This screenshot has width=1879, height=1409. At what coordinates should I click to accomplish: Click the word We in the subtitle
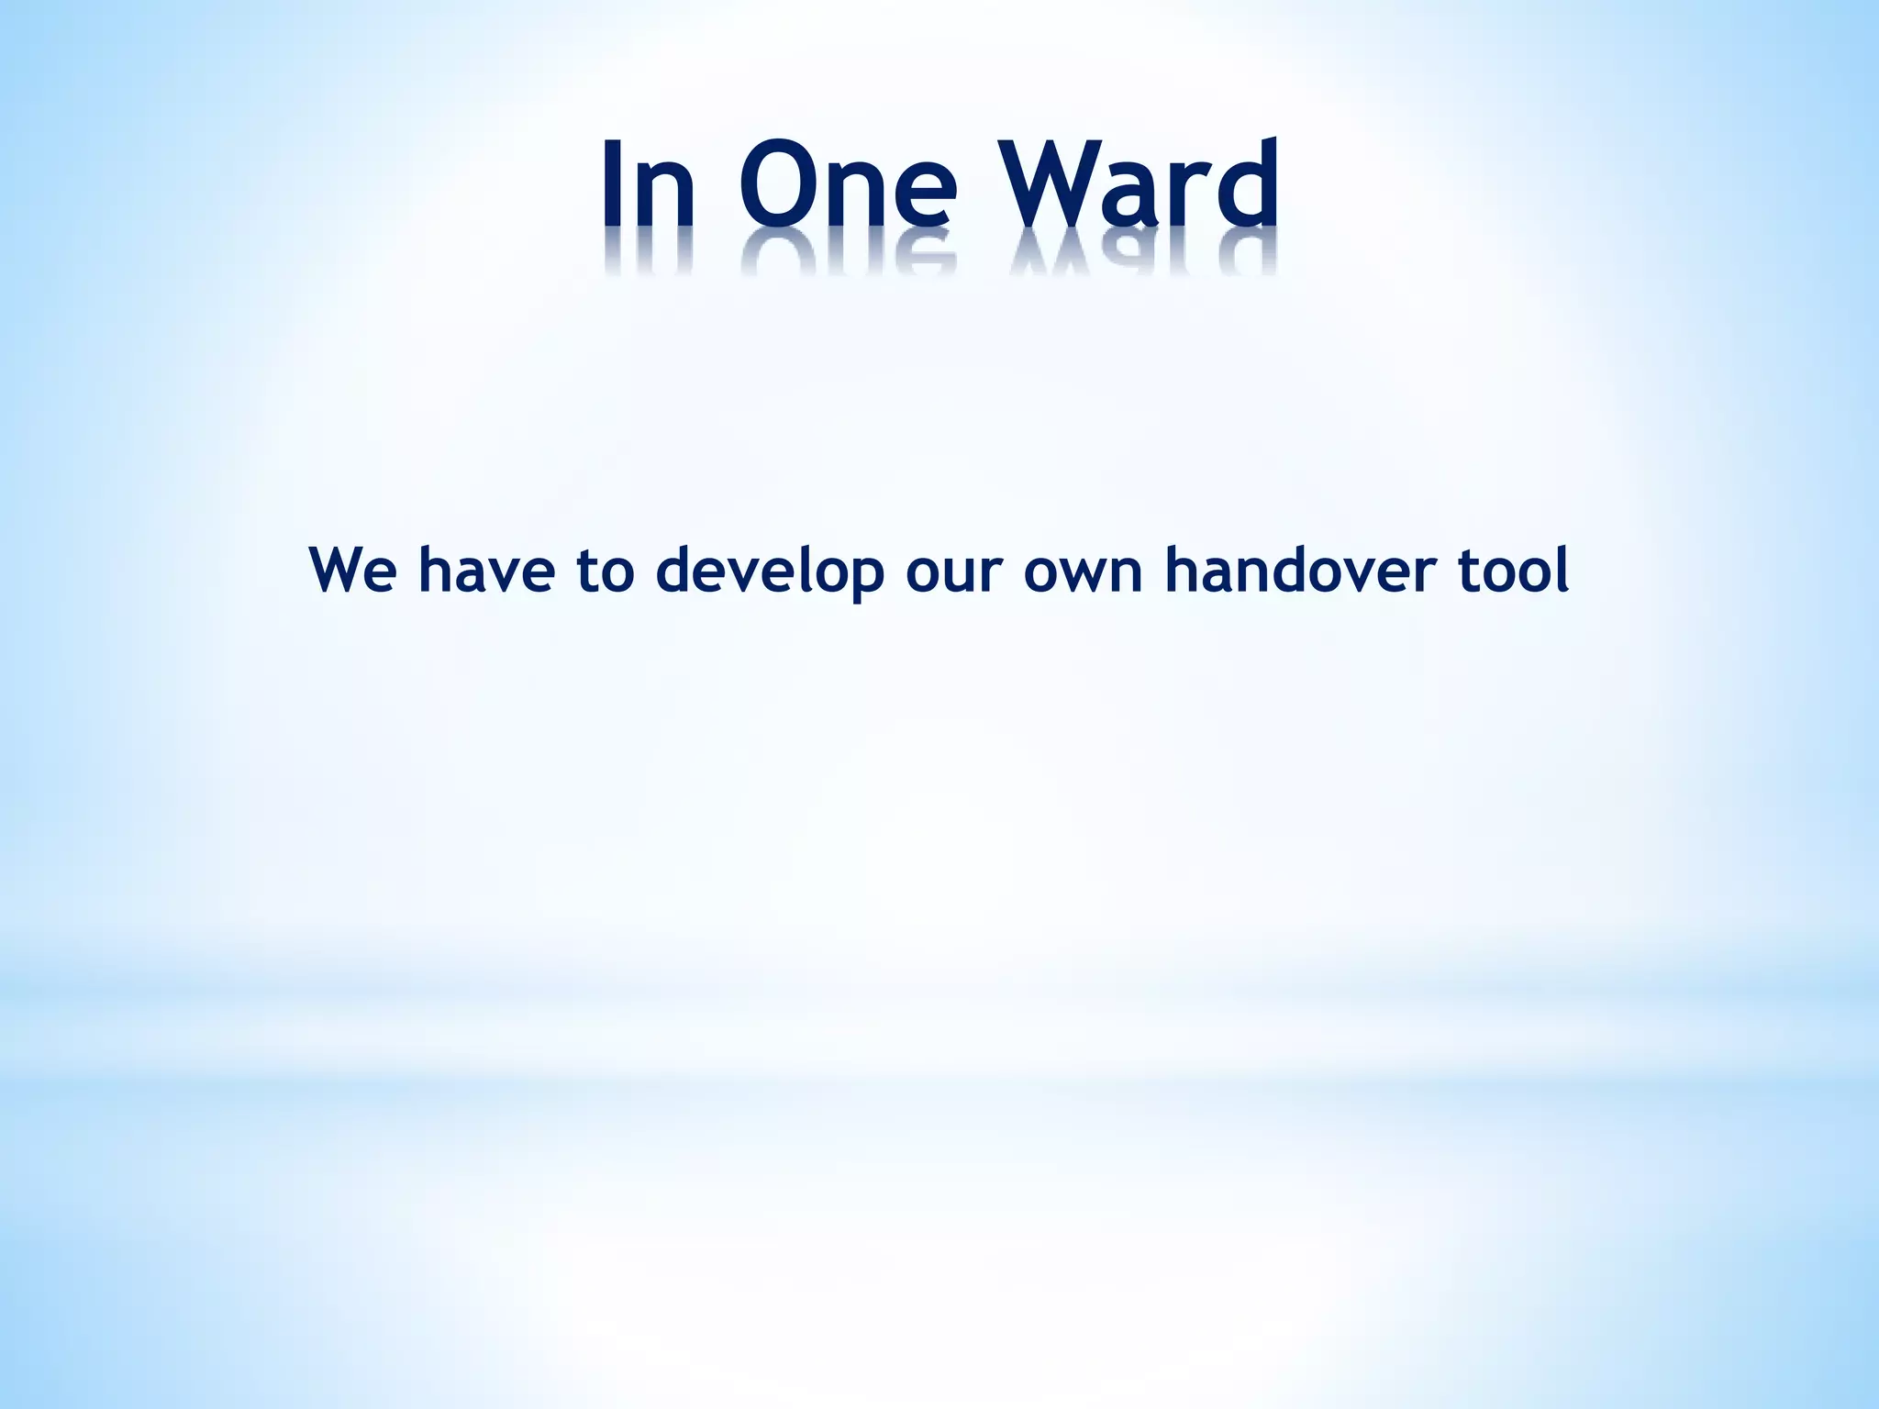coord(352,570)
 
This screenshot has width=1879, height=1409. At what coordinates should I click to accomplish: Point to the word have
coord(486,570)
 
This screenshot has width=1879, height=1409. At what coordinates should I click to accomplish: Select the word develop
coord(770,570)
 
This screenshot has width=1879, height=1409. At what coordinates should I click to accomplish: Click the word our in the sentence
coord(951,570)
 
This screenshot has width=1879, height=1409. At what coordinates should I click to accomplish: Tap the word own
coord(1083,570)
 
